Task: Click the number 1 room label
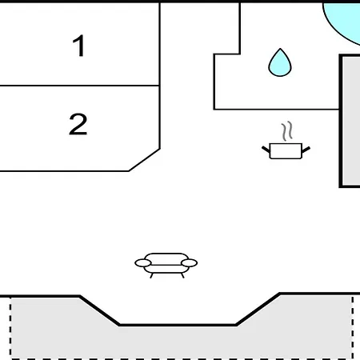coord(79,46)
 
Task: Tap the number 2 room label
coord(78,124)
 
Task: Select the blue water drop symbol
coord(280,62)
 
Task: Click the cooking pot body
coord(286,151)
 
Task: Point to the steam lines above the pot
coord(287,131)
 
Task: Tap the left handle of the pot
coord(266,150)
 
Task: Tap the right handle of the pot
coord(306,150)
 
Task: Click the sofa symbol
coord(166,266)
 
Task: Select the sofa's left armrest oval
coord(143,263)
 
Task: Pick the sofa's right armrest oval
coord(189,263)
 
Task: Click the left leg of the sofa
coord(151,275)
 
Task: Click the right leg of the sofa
coord(182,275)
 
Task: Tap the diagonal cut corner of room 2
coord(144,160)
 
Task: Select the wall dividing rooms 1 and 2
coord(80,86)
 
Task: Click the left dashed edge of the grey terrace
coord(10,327)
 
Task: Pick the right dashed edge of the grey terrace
coord(353,326)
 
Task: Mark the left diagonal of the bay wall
coord(99,310)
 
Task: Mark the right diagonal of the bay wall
coord(258,309)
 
